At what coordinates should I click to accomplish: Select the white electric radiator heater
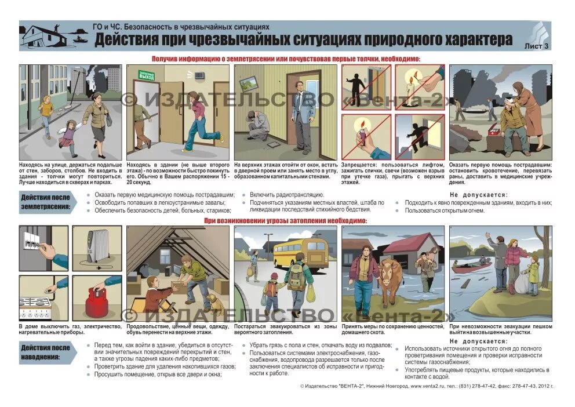(x=98, y=246)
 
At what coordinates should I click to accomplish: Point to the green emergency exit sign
(x=146, y=74)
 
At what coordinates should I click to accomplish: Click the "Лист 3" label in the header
(x=536, y=45)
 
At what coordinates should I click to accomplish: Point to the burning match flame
(x=412, y=75)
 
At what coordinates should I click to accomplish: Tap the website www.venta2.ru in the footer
(x=427, y=386)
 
